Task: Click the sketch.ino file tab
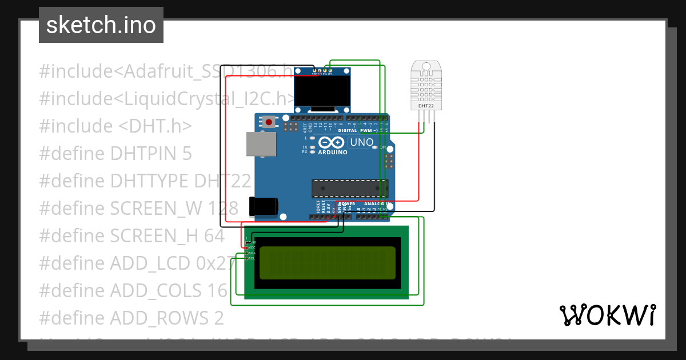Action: [x=101, y=25]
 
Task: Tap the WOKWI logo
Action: [x=607, y=315]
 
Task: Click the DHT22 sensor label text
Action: [x=426, y=106]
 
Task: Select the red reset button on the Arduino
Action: [x=268, y=121]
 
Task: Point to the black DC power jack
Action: [x=263, y=206]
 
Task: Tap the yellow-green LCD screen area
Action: [x=327, y=263]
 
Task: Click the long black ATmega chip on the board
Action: [x=350, y=188]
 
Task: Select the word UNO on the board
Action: [x=361, y=142]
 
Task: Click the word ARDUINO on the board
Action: [x=332, y=153]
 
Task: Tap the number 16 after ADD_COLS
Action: [x=217, y=291]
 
